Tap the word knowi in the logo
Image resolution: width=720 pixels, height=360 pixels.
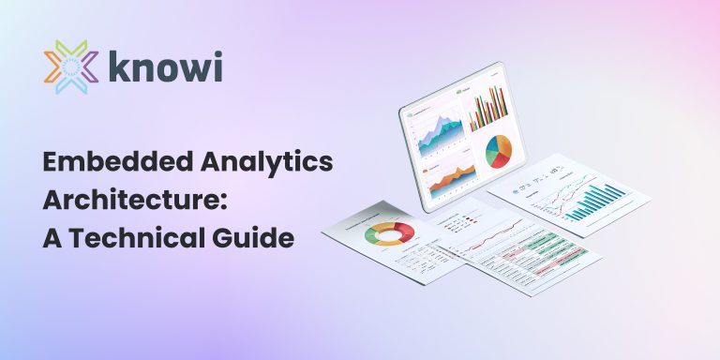pos(163,67)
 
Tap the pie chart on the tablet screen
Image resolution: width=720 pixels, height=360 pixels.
pos(498,151)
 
